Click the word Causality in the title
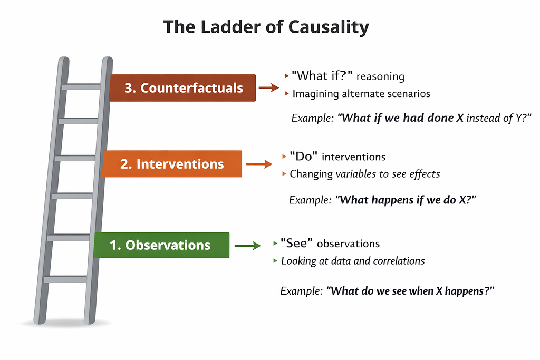(328, 27)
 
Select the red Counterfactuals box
(182, 88)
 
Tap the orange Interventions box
(172, 164)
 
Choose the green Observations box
(161, 245)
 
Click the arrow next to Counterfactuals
(268, 88)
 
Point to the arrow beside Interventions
(259, 164)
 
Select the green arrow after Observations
(248, 246)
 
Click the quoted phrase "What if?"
(322, 75)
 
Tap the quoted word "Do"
(303, 156)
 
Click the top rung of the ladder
(81, 87)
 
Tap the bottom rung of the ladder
(65, 279)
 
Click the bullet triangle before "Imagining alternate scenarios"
(287, 93)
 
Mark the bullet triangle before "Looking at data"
(275, 260)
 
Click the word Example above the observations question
(301, 291)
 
